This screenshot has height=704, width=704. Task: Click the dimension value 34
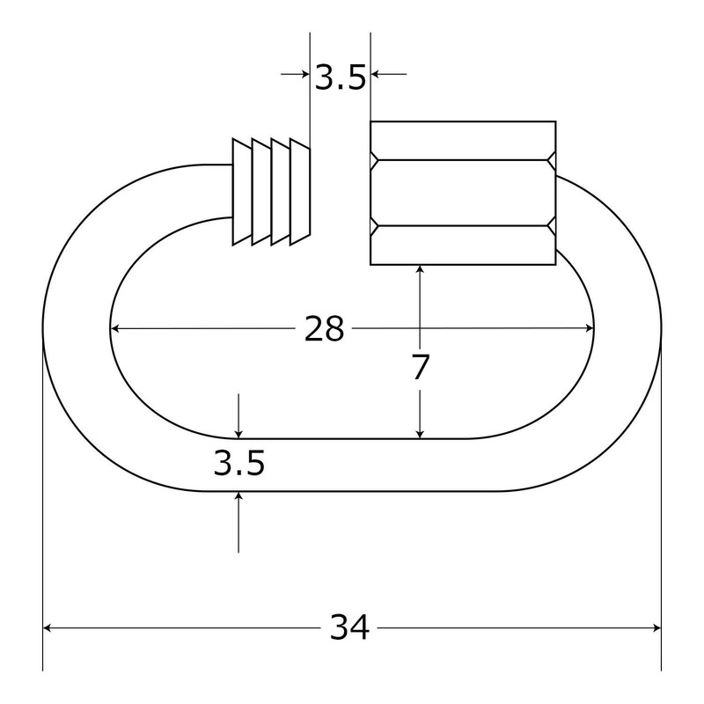(349, 627)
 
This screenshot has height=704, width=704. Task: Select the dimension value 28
(324, 329)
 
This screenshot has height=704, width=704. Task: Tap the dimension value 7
(421, 367)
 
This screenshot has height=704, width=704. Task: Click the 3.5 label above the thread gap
(340, 78)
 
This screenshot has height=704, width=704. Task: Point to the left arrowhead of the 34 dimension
(49, 627)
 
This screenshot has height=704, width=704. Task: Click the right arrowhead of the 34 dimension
(655, 627)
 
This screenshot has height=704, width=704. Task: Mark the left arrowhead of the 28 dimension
(117, 329)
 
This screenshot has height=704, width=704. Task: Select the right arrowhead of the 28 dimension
(588, 329)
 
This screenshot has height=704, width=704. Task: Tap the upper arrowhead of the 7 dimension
(421, 272)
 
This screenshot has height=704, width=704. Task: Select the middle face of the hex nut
(462, 192)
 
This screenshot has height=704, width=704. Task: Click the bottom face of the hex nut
(462, 246)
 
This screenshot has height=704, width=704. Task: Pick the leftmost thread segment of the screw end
(241, 191)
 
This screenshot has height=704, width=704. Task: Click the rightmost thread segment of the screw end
(301, 191)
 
